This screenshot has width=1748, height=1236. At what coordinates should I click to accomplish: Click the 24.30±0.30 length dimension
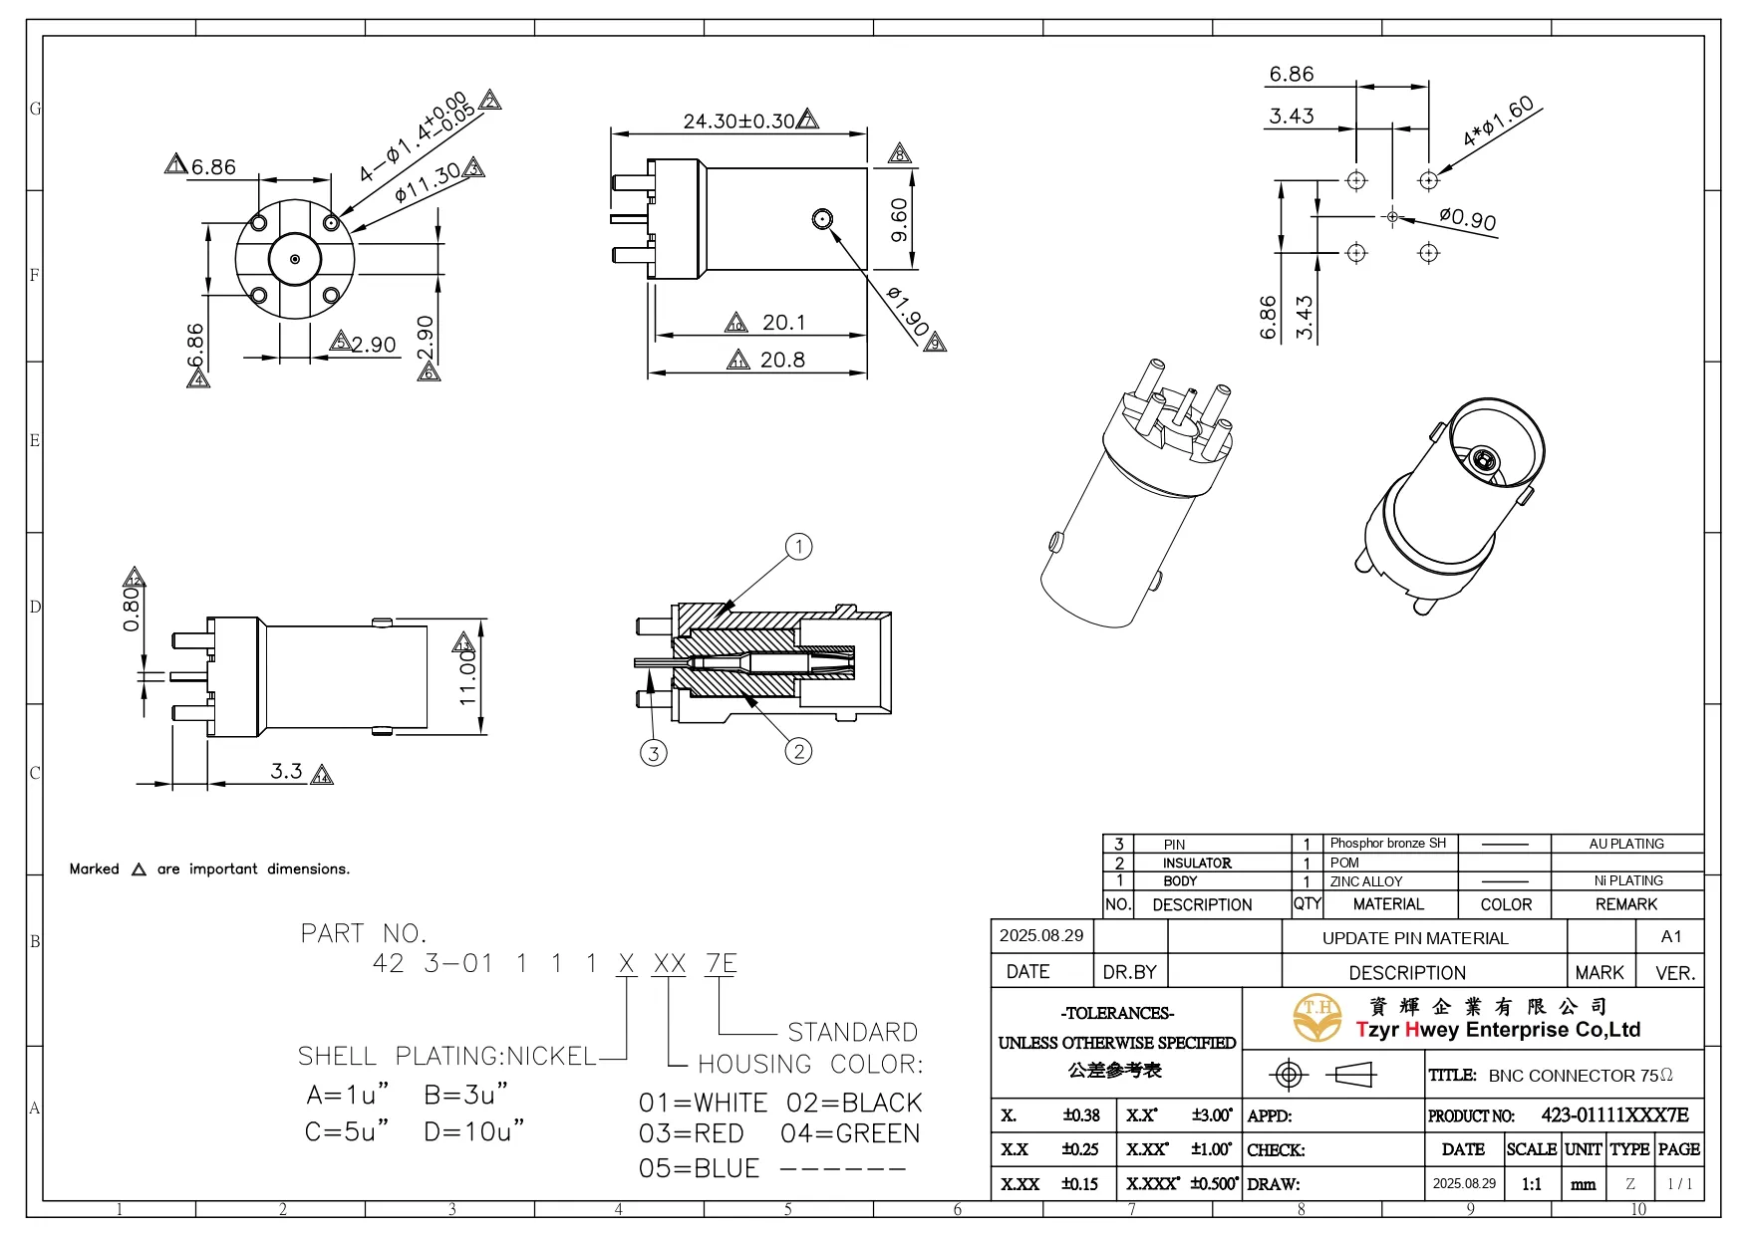click(x=738, y=122)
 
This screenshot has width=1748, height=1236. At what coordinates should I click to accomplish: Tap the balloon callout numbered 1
click(x=798, y=547)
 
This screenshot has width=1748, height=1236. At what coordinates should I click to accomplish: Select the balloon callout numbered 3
click(x=653, y=753)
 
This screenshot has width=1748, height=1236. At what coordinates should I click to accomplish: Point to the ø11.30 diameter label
click(x=427, y=181)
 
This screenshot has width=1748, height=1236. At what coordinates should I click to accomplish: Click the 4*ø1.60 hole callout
click(x=1498, y=122)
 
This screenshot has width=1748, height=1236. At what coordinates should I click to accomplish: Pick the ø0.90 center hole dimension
click(x=1468, y=218)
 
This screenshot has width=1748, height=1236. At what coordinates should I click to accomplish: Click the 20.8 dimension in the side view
click(x=782, y=360)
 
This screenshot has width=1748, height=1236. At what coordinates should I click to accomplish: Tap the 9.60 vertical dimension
click(x=899, y=220)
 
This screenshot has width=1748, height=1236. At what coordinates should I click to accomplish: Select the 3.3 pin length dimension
click(x=287, y=771)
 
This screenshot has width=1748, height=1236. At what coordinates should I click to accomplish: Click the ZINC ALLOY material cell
click(x=1365, y=881)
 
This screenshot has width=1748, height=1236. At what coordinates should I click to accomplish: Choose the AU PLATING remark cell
click(x=1626, y=844)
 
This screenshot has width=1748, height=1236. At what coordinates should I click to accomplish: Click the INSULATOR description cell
click(x=1197, y=863)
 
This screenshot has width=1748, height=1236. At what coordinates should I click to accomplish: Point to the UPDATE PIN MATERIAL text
click(x=1415, y=938)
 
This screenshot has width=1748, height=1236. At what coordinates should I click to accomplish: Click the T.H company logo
click(x=1317, y=1017)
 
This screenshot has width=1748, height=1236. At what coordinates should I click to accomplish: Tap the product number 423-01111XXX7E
click(x=1614, y=1115)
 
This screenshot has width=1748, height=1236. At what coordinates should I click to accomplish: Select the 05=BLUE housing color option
click(x=700, y=1168)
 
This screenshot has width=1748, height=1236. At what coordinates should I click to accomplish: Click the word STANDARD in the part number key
click(x=852, y=1032)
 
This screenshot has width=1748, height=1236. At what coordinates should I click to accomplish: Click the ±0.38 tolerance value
click(x=1081, y=1115)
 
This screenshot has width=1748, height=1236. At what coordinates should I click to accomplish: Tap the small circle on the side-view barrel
click(x=822, y=218)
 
